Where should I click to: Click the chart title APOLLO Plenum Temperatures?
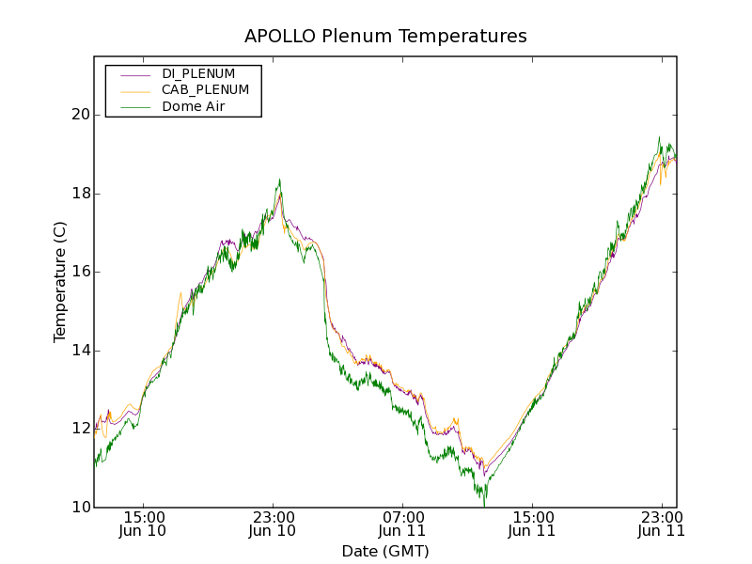[385, 37]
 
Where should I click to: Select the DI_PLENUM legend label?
[198, 73]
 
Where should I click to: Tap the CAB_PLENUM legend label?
[205, 90]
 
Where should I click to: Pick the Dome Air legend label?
[194, 107]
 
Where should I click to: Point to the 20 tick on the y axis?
[79, 115]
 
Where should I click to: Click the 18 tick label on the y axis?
[79, 194]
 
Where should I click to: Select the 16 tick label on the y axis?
[79, 272]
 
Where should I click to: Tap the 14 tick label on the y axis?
[79, 351]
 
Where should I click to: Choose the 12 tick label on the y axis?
[79, 429]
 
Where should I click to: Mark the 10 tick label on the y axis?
[79, 508]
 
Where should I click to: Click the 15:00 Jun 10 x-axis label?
[143, 524]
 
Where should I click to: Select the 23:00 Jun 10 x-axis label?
[273, 524]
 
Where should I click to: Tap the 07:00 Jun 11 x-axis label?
[402, 524]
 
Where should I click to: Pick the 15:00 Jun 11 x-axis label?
[532, 524]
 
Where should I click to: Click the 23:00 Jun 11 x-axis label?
[661, 524]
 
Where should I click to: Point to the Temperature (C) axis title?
[60, 282]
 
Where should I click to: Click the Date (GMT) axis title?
[385, 551]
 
